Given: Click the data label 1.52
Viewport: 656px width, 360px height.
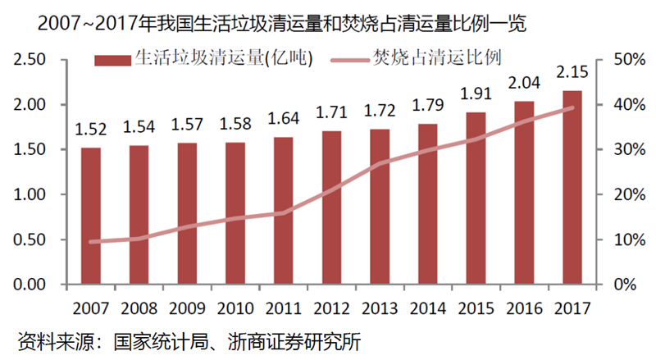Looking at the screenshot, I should (91, 129).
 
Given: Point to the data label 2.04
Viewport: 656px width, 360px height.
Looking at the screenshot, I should (525, 83).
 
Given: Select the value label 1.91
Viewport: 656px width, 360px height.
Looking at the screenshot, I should (476, 93).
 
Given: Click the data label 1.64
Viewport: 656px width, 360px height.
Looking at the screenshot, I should (284, 118).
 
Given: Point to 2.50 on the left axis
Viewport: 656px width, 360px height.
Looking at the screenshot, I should (30, 60).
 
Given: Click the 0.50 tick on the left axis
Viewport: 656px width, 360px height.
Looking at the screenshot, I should (30, 240).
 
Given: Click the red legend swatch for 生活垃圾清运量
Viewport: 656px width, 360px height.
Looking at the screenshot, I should (112, 59).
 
